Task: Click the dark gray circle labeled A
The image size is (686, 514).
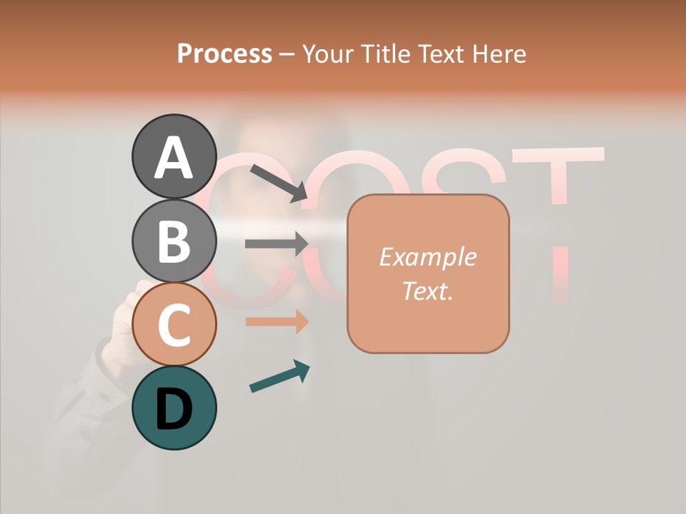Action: [x=174, y=156]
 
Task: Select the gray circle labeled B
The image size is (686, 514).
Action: [x=174, y=241]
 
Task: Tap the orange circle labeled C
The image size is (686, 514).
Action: [x=174, y=324]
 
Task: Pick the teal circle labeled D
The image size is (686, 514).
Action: [x=174, y=408]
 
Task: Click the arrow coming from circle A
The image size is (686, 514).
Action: [x=279, y=183]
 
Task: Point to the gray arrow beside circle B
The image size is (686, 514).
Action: [x=277, y=243]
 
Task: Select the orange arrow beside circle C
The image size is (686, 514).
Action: [x=277, y=321]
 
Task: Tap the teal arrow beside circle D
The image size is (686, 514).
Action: [x=279, y=376]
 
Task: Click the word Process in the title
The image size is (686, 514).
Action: [x=224, y=54]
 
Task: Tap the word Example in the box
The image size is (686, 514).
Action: [x=427, y=257]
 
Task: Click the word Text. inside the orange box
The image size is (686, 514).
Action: [x=427, y=291]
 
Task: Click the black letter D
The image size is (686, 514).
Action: [x=174, y=409]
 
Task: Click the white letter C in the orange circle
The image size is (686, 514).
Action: [x=174, y=325]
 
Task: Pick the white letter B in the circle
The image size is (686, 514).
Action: [x=174, y=241]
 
